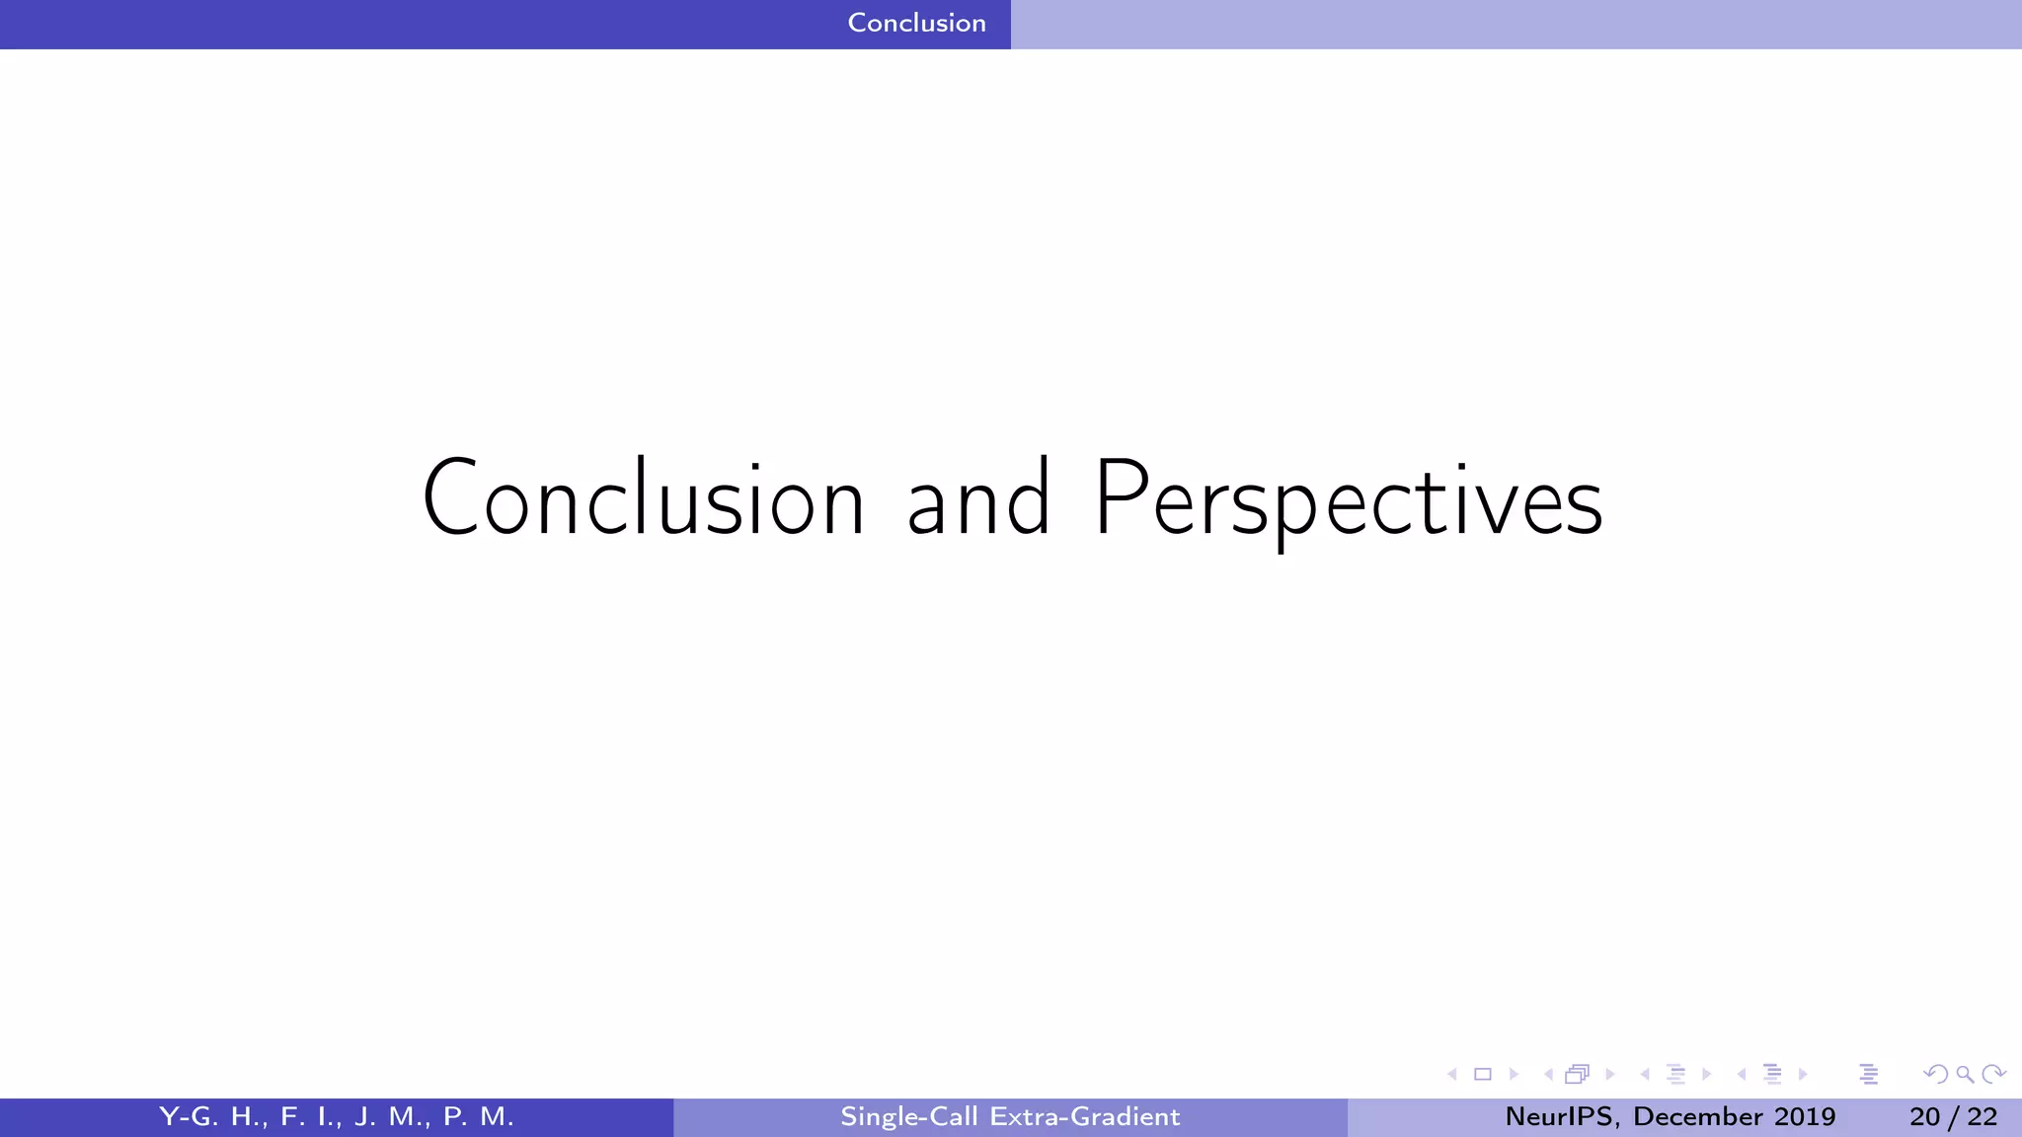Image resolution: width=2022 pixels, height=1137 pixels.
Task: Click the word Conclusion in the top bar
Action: (x=916, y=23)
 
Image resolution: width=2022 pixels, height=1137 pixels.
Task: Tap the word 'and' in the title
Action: (x=977, y=500)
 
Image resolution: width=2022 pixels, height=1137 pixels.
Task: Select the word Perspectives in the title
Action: (x=1348, y=500)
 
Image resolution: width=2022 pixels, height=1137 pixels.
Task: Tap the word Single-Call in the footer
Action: (x=908, y=1116)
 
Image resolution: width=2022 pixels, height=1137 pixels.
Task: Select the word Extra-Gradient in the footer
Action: (x=1085, y=1116)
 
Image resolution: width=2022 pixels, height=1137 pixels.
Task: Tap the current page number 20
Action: (x=1924, y=1116)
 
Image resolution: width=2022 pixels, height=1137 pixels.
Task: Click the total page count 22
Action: (x=1982, y=1116)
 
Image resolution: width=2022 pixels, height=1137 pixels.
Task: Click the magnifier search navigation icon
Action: (x=1965, y=1074)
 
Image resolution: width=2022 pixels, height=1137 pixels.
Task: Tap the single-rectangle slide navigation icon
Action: (x=1482, y=1074)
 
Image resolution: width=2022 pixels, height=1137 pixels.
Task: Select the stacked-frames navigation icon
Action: (x=1577, y=1074)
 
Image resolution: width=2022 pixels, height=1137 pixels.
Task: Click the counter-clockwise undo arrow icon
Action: (x=1936, y=1074)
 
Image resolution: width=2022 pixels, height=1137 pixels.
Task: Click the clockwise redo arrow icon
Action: (x=1993, y=1074)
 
